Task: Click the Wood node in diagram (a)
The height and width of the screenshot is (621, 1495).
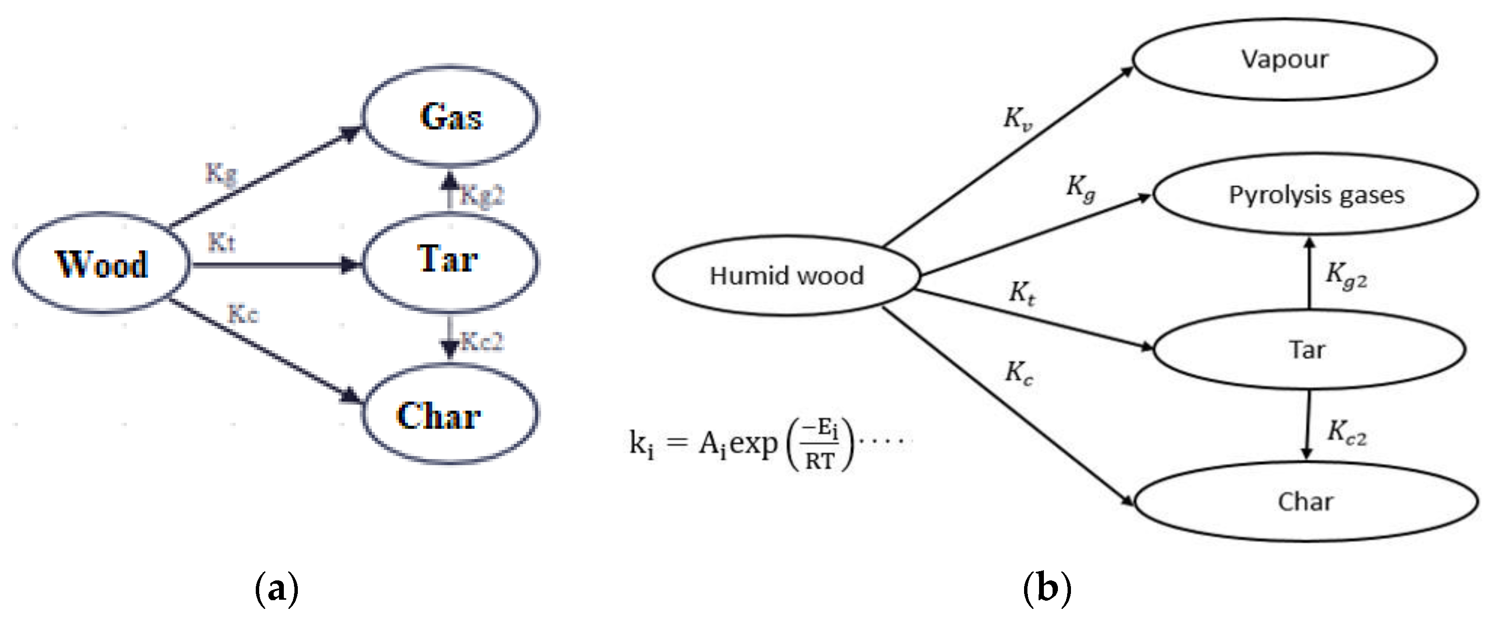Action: [x=102, y=264]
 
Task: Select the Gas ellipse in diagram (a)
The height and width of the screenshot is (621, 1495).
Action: [x=450, y=116]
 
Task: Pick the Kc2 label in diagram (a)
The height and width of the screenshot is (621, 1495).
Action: [x=482, y=341]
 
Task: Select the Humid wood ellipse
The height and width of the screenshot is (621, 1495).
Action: [x=786, y=276]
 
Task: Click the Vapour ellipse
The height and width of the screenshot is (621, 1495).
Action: [x=1284, y=59]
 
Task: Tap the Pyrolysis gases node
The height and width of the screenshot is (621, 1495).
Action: [x=1316, y=194]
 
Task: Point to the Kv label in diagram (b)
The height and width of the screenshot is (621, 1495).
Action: [x=1018, y=119]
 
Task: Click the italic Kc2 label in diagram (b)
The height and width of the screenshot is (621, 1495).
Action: [x=1347, y=433]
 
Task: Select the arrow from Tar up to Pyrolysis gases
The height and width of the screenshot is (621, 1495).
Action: [x=1309, y=273]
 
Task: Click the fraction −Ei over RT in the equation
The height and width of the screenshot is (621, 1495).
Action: [x=820, y=444]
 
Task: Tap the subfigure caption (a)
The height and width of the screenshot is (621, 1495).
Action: [x=277, y=589]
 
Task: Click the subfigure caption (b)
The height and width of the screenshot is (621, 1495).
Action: [x=1047, y=589]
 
